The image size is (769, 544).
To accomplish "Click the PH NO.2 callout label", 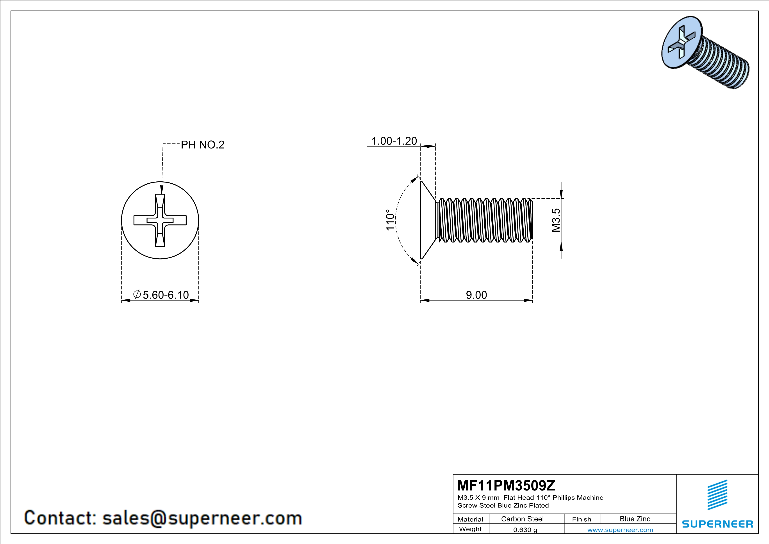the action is (x=203, y=145).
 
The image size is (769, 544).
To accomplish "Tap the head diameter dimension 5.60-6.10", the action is (x=161, y=295).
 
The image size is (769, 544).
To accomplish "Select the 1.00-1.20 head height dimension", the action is (x=394, y=141).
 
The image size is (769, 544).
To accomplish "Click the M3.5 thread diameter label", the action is (x=556, y=220).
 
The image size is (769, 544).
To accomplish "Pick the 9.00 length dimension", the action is (x=476, y=295).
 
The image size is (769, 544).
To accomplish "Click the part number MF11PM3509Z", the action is (x=506, y=485).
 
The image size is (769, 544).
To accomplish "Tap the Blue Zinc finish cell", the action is (x=635, y=519).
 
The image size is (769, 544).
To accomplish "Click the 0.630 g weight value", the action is (x=525, y=530).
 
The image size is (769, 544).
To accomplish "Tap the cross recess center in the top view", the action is (x=160, y=220).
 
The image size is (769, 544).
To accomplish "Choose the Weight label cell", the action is (x=470, y=529).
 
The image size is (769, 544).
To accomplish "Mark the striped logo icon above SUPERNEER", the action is (x=717, y=495).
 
